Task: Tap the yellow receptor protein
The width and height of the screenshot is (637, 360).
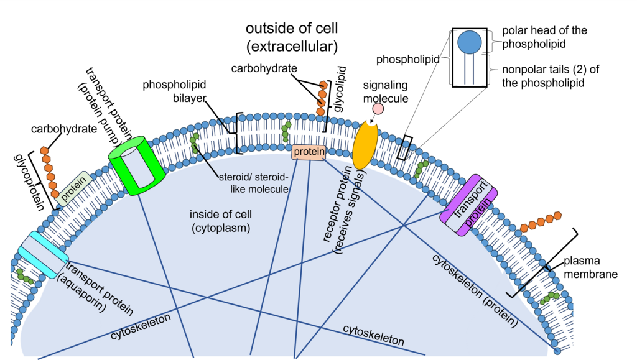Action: (x=365, y=145)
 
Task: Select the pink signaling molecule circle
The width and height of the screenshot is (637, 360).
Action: (x=378, y=109)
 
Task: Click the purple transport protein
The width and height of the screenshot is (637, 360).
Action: (x=469, y=205)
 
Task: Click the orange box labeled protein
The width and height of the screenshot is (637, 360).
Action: (x=309, y=152)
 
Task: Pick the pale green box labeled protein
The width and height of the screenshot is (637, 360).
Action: (x=74, y=188)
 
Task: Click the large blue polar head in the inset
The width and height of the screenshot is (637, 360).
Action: (x=470, y=42)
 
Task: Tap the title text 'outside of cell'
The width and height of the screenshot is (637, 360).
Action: (x=292, y=29)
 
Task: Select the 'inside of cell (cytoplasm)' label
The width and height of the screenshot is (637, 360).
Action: (x=221, y=221)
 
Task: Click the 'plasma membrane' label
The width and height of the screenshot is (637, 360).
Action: (x=590, y=267)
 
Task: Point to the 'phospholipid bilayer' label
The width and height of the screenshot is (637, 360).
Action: (x=174, y=91)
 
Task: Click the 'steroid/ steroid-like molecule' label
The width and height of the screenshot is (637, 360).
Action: (x=254, y=183)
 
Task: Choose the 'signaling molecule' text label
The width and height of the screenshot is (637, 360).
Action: (x=386, y=92)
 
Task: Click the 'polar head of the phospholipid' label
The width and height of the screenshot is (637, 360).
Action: (x=544, y=37)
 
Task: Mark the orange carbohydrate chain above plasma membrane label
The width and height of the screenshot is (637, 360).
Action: (x=541, y=221)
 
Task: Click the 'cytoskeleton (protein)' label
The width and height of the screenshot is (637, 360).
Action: (x=475, y=290)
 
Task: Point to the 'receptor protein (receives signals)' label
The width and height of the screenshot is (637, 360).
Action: (x=343, y=210)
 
